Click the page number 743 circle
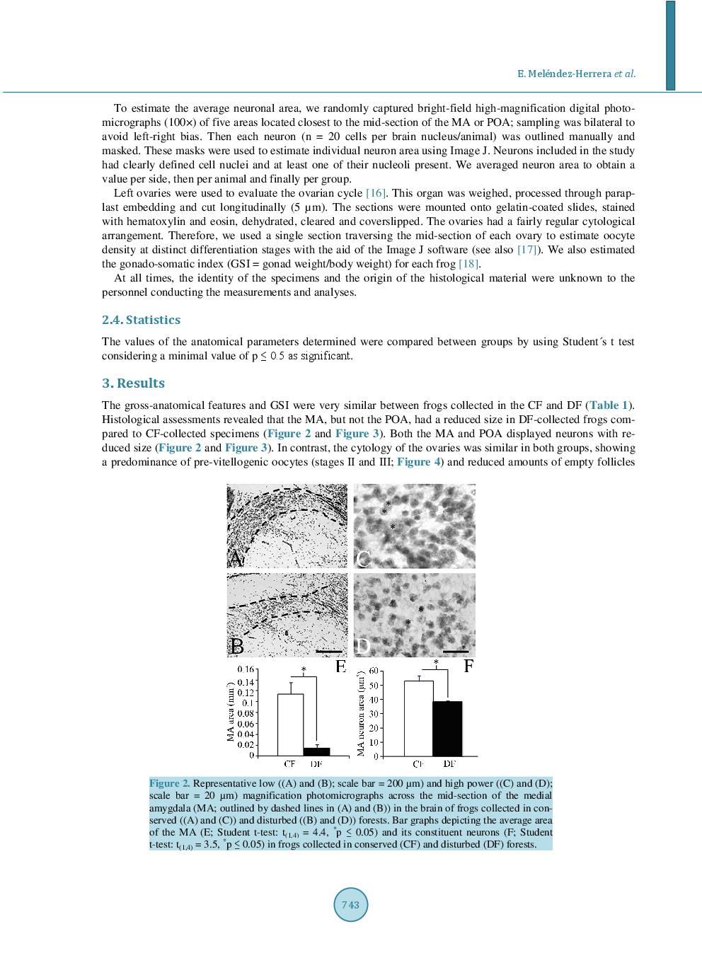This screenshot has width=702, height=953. (x=350, y=904)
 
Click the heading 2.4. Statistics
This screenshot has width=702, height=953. (x=141, y=320)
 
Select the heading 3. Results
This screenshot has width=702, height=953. (x=133, y=383)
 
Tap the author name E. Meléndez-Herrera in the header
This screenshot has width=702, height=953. (x=564, y=74)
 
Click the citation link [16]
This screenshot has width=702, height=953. (x=376, y=193)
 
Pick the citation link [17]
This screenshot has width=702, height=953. (x=528, y=250)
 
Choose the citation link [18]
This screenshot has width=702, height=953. (x=468, y=264)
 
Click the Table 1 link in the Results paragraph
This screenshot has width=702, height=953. (x=609, y=405)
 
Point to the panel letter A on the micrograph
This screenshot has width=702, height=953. (x=236, y=559)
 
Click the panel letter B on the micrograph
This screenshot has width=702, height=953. (x=236, y=647)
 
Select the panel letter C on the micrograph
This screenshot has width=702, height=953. (x=363, y=559)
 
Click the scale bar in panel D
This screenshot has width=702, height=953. (x=455, y=651)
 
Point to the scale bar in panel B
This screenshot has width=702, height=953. (x=328, y=651)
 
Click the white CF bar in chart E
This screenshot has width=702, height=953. (x=290, y=724)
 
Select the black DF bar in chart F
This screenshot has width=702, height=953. (x=447, y=728)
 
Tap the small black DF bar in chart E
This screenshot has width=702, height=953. (x=316, y=751)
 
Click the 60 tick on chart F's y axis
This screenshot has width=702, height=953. (x=374, y=671)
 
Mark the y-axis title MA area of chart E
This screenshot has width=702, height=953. (x=231, y=712)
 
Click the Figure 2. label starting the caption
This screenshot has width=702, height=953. (x=169, y=783)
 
